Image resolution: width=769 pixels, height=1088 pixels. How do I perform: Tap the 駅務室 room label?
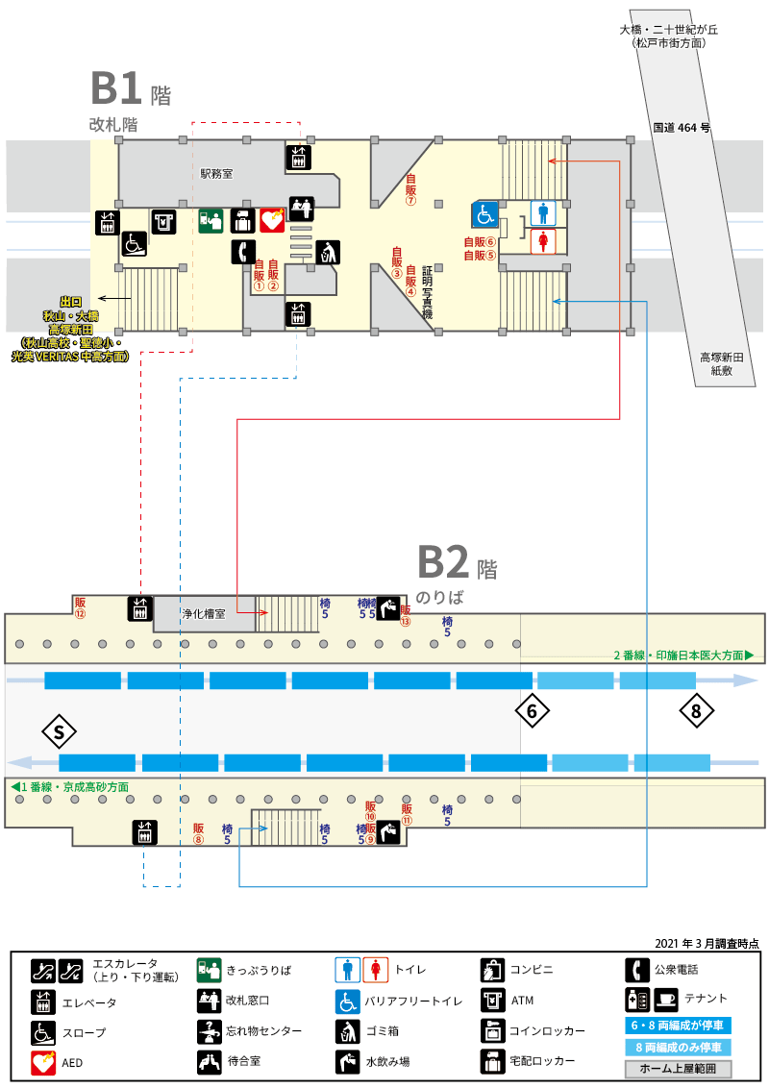216,173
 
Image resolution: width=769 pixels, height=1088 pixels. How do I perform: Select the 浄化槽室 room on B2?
204,614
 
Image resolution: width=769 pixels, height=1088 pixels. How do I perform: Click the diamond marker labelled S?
59,732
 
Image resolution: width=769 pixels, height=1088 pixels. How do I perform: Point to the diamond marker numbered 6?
533,711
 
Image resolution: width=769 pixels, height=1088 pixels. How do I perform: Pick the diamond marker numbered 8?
696,711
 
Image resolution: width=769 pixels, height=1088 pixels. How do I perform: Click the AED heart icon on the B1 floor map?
272,221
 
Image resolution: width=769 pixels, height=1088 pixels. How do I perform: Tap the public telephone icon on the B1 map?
243,251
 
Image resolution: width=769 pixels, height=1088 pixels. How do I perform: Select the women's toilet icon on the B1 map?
543,241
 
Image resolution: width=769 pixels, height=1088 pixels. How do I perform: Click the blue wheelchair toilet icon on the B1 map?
484,213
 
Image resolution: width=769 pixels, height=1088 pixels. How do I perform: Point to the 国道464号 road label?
682,128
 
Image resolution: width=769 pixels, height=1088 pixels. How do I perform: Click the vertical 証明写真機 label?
427,292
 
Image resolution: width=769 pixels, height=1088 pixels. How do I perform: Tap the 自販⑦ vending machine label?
410,190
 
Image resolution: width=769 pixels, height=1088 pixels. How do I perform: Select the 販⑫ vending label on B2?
81,607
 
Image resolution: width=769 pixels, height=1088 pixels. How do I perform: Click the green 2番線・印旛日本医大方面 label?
683,655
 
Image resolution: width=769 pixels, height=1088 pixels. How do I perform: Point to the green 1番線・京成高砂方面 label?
70,787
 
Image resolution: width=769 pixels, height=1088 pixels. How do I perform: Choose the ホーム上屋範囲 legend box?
678,1069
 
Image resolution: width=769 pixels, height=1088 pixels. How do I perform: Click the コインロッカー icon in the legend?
493,1031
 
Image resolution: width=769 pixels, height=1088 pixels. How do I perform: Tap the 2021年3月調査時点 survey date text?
707,944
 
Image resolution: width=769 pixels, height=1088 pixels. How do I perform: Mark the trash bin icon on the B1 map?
328,253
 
